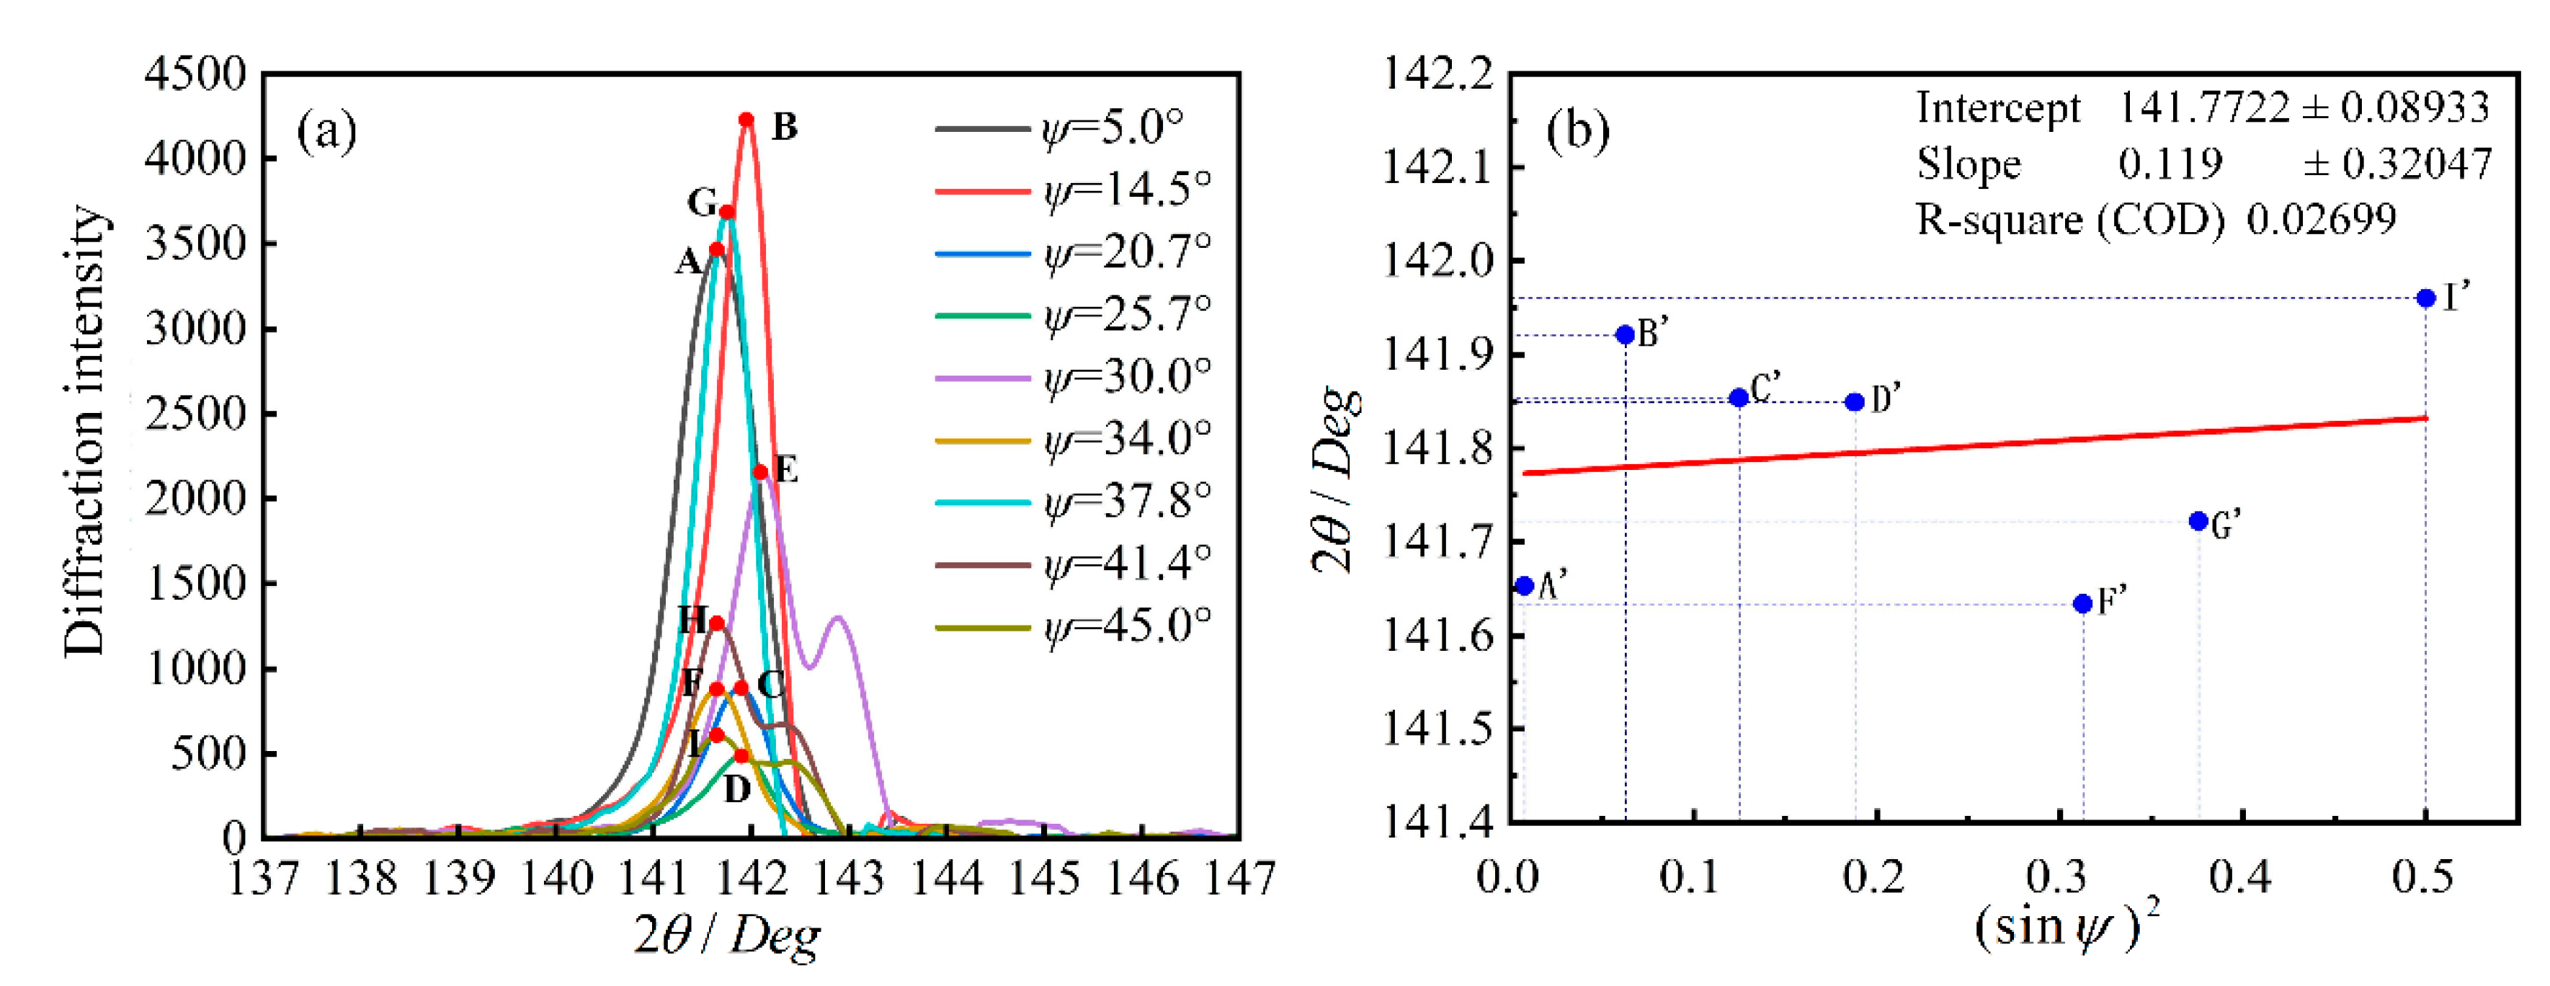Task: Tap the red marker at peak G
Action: [726, 212]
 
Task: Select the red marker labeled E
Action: [760, 472]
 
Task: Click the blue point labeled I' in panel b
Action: [2425, 298]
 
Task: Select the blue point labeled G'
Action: [2198, 520]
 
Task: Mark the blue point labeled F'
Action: [2083, 604]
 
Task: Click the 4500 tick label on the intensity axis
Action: [195, 74]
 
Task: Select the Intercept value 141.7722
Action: [2203, 107]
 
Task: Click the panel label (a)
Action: [326, 130]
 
